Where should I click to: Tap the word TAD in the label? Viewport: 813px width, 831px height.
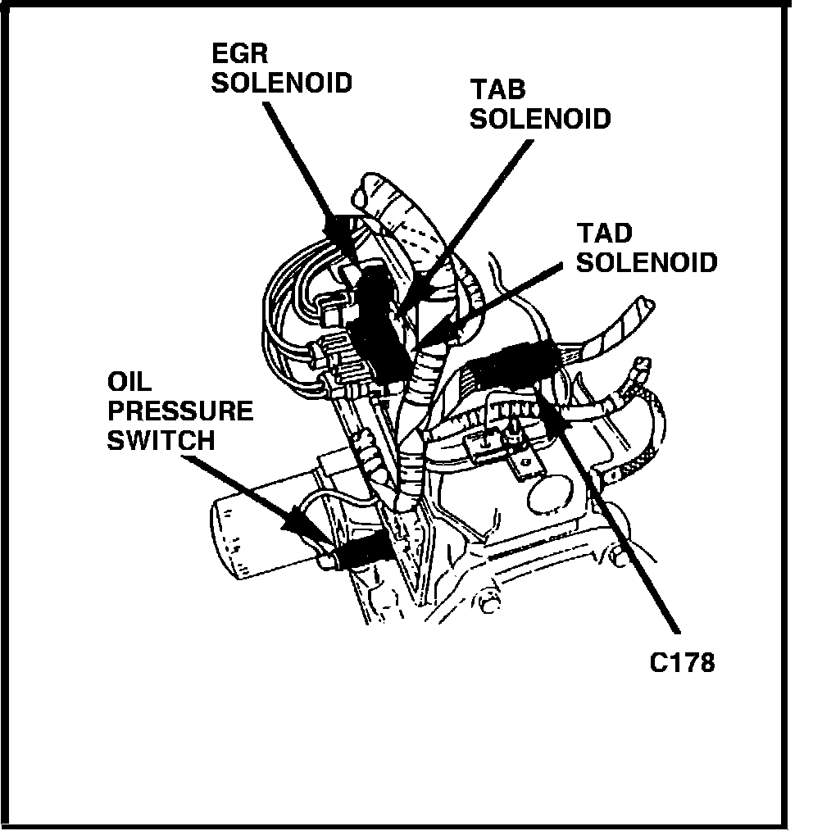pyautogui.click(x=604, y=234)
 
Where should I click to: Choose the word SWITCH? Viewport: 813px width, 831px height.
pyautogui.click(x=161, y=440)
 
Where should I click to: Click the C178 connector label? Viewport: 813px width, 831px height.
pyautogui.click(x=682, y=661)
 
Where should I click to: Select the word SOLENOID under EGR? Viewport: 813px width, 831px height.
pyautogui.click(x=282, y=84)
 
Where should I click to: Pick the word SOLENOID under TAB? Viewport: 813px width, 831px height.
pyautogui.click(x=540, y=118)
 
